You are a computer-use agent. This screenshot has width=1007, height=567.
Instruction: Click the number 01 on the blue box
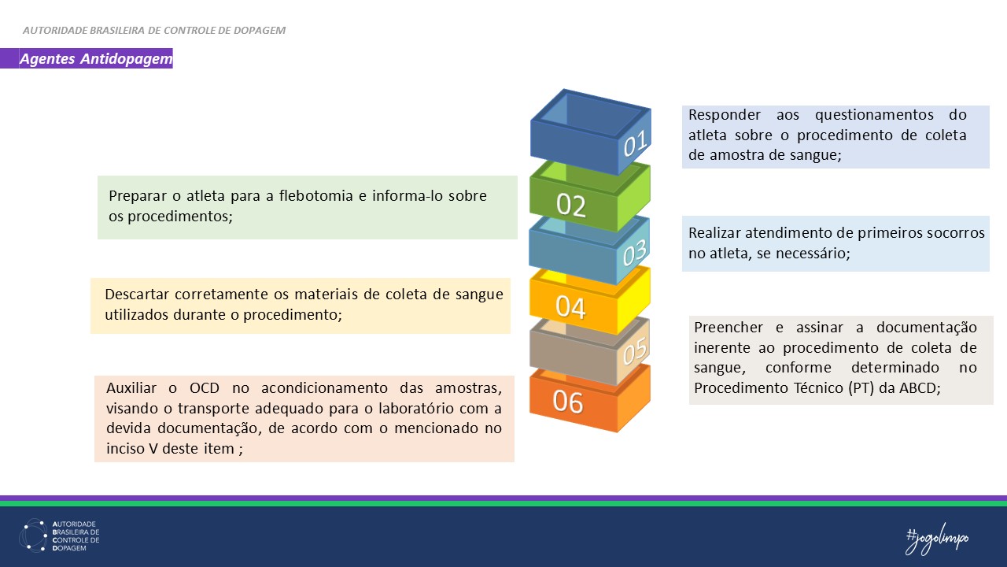(635, 144)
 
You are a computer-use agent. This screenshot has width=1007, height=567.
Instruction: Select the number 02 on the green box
(571, 206)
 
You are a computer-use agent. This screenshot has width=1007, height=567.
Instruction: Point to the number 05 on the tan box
(634, 350)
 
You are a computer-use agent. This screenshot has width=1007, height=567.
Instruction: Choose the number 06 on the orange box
(568, 402)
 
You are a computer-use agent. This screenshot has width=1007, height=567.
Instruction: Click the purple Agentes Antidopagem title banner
(95, 59)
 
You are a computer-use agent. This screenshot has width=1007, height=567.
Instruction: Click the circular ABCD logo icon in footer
(33, 535)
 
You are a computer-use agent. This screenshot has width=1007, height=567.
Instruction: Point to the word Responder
(725, 115)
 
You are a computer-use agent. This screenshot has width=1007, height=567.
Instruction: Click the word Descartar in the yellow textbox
(141, 295)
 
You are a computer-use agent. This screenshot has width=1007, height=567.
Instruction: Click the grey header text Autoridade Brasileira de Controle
(154, 31)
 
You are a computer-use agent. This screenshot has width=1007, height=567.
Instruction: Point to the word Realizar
(717, 233)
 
